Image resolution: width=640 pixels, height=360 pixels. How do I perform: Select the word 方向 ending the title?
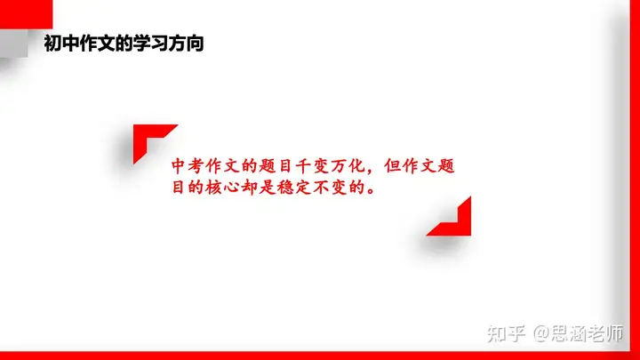(x=186, y=44)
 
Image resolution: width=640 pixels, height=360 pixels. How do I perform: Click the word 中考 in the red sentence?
(x=188, y=166)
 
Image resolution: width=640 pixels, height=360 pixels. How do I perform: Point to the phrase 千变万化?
(x=330, y=166)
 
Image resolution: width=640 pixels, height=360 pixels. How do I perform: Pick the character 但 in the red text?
(x=392, y=166)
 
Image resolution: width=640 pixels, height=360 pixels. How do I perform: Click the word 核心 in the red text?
(x=222, y=188)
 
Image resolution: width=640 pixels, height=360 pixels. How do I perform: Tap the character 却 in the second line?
(x=249, y=188)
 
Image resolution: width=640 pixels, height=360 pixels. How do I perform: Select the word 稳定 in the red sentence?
(x=293, y=188)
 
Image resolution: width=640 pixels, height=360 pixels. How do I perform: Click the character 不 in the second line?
(x=321, y=188)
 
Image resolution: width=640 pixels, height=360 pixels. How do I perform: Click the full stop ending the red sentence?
(x=371, y=191)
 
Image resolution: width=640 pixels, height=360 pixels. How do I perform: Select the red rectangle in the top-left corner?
(x=26, y=14)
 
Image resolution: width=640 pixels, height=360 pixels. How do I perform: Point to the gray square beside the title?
(x=14, y=44)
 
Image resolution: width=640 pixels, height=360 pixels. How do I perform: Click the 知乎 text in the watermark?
(x=506, y=334)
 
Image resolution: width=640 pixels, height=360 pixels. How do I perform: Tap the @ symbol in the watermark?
(x=540, y=334)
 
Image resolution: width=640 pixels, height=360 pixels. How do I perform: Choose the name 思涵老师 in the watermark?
(x=588, y=333)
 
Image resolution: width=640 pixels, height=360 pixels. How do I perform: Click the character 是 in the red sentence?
(x=267, y=188)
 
